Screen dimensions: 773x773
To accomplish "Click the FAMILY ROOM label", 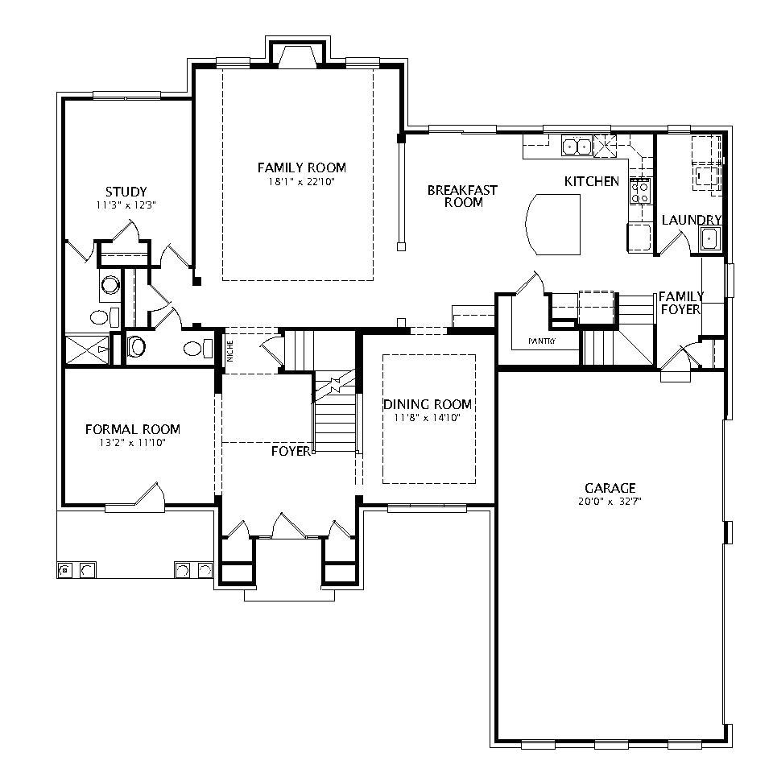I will tap(301, 167).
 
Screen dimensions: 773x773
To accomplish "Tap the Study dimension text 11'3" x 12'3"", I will tap(126, 205).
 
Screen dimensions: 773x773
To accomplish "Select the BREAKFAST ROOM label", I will tap(462, 196).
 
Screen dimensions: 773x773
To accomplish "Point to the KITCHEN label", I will tap(591, 182).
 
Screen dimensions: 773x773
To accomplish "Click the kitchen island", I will tap(552, 223).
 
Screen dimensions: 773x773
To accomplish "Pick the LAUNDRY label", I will tap(691, 220).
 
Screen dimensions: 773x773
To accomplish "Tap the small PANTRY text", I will tap(542, 341).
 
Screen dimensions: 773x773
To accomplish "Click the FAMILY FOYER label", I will tap(680, 303).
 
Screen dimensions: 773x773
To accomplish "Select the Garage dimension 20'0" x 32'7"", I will tap(610, 501).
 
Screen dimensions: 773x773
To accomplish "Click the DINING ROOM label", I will tap(427, 404).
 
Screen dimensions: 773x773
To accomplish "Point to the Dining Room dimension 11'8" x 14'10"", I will tap(427, 418).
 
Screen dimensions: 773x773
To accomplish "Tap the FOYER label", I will tap(291, 452).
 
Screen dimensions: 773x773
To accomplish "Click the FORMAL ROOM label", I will tap(133, 429).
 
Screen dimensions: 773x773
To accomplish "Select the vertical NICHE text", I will tap(230, 353).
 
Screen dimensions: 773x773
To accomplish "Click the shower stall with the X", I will tap(86, 349).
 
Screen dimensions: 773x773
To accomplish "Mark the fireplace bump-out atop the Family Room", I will tap(297, 55).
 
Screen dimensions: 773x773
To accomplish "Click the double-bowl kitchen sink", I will tap(577, 147).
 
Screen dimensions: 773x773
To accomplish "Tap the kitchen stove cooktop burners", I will tap(640, 190).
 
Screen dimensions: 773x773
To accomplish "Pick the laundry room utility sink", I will tap(709, 238).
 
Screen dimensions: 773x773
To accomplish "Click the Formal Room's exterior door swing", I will tap(151, 494).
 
